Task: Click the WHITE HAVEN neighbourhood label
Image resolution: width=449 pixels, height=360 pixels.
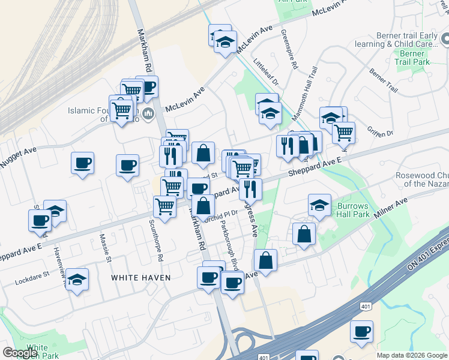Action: (140, 278)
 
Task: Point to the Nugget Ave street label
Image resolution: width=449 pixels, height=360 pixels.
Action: (18, 155)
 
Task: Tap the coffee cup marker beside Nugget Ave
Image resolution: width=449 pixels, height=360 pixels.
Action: (82, 163)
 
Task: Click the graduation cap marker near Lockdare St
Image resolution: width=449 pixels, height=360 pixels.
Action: (77, 280)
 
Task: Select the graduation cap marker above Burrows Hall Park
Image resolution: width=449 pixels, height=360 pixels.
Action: (320, 205)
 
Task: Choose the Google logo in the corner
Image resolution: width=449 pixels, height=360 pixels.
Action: (20, 353)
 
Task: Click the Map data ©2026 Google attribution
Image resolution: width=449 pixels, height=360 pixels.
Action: (412, 355)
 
